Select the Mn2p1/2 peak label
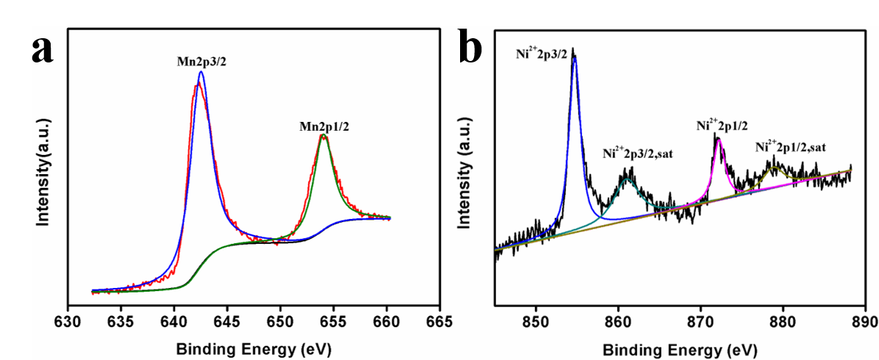324,126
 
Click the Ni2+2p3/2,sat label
638,154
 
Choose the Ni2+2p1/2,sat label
791,147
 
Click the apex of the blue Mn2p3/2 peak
201,72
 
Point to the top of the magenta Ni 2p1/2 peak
718,138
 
